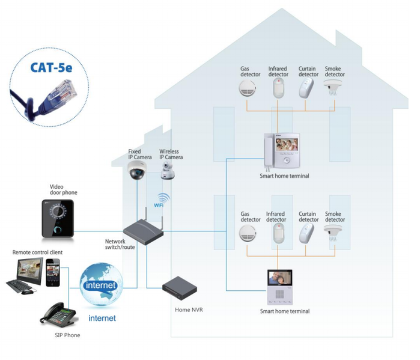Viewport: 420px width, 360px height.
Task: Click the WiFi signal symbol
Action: point(161,200)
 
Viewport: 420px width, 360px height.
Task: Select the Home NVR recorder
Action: point(180,288)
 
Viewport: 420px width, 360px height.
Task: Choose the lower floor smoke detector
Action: point(333,231)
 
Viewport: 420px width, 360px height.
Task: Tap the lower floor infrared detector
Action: point(276,232)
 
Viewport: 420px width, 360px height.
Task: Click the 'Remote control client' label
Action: point(37,252)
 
